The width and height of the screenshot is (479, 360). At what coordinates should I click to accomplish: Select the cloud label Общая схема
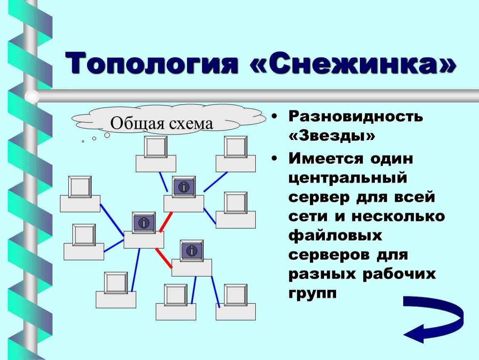[162, 123]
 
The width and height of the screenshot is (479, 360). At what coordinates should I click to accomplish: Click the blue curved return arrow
[433, 318]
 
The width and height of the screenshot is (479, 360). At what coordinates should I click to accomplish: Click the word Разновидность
[356, 116]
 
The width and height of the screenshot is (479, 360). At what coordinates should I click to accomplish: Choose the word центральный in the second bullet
[347, 178]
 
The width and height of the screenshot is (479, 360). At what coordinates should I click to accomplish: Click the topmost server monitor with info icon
[184, 187]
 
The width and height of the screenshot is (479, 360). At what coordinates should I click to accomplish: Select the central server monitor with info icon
[144, 223]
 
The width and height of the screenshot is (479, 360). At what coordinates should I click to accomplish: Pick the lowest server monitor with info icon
[192, 251]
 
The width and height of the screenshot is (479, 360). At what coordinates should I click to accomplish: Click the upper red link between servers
[166, 222]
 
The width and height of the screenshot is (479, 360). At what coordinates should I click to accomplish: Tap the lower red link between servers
[164, 258]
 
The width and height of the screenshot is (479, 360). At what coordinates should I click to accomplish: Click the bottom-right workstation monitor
[235, 295]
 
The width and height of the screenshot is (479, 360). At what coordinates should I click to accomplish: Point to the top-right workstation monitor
[235, 147]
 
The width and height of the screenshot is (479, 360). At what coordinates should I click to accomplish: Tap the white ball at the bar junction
[32, 97]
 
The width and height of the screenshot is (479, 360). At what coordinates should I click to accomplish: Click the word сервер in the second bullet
[319, 197]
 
